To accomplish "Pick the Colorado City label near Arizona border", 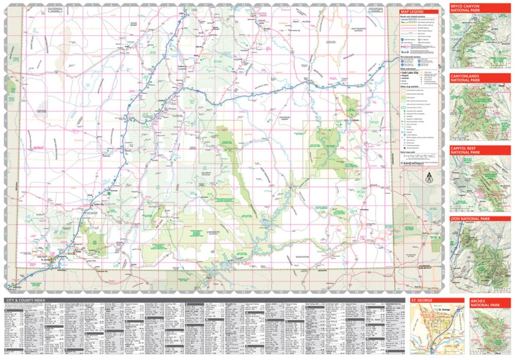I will (x=102, y=271).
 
